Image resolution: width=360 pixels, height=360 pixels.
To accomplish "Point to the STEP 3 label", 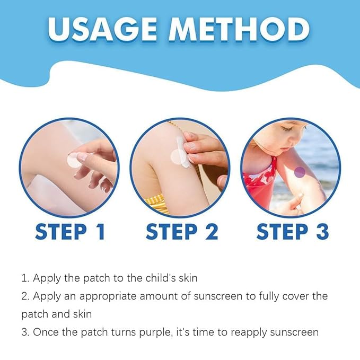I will [293, 232].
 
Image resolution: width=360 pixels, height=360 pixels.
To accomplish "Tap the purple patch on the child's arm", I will [300, 171].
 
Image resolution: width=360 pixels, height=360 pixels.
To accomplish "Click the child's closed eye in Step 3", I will [287, 128].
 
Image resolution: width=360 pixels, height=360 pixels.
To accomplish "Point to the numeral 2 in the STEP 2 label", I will [208, 232].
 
